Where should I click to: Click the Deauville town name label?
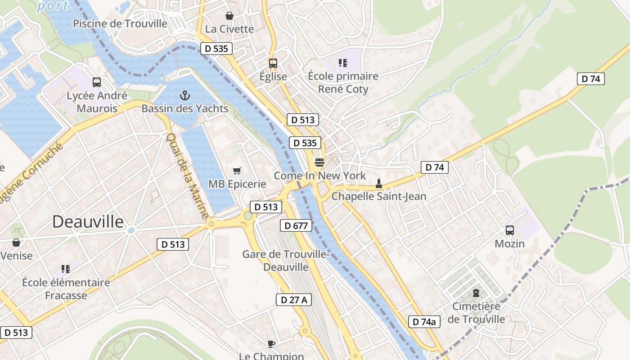pos(88,221)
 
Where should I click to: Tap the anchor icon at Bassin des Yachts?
pos(184,95)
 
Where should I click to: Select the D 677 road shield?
pos(296,225)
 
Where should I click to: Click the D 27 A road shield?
pos(293,300)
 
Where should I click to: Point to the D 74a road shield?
pos(424,322)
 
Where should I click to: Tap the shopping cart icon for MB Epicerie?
pos(237,171)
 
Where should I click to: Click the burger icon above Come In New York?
pos(319,162)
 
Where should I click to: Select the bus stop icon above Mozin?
pos(509,230)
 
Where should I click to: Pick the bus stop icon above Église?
pos(273,63)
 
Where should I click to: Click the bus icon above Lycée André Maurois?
pos(96,82)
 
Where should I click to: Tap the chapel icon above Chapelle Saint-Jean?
pos(378,183)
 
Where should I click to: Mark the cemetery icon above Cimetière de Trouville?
pos(476,293)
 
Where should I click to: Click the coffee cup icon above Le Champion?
pos(271,344)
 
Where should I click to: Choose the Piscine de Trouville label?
pos(120,23)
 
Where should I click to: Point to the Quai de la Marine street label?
pos(186,176)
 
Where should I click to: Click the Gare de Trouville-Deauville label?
pos(286,261)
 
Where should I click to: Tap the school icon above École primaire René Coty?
pos(343,63)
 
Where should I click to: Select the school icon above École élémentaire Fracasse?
pos(66,269)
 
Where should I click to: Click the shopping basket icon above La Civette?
pos(229,16)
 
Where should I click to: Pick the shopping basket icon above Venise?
pos(16,243)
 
